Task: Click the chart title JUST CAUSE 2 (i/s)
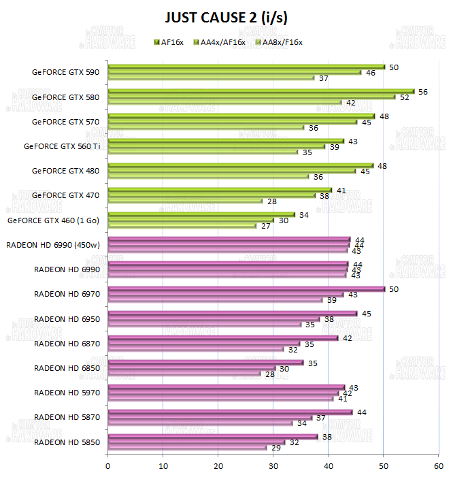[227, 18]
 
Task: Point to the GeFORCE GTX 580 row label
[65, 97]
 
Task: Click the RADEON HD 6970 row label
[67, 294]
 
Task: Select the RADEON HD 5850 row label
[67, 441]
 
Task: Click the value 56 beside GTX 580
[422, 91]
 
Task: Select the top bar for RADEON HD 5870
[230, 412]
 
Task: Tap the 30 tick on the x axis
[273, 466]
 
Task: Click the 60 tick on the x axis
[438, 466]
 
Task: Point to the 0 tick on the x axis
[108, 466]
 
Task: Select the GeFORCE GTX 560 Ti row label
[61, 146]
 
